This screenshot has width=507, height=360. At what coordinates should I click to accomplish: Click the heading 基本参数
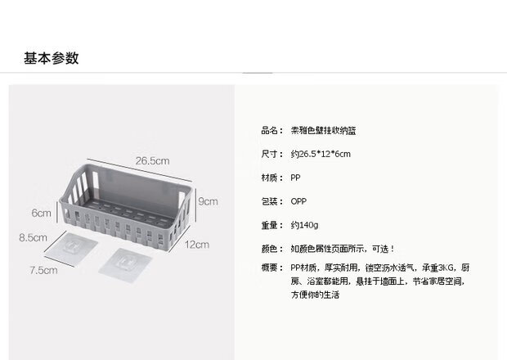[51, 58]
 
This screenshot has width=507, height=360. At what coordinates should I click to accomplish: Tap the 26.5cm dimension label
[153, 160]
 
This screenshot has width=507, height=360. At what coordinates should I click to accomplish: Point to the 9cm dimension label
[208, 201]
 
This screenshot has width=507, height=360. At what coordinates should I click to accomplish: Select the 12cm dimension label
[196, 244]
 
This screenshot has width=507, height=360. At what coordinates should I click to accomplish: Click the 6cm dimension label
[42, 213]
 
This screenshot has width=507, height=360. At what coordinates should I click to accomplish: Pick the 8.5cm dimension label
[33, 239]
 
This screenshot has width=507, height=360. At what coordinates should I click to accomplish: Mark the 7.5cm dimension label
[43, 270]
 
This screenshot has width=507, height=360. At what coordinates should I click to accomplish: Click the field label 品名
[271, 130]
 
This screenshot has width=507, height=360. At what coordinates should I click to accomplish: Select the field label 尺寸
[271, 154]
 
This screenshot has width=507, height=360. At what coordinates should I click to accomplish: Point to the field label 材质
[271, 178]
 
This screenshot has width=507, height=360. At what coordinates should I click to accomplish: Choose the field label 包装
[271, 201]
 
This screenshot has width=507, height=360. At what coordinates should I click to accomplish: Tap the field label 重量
[271, 225]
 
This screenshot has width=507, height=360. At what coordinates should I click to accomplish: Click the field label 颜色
[271, 249]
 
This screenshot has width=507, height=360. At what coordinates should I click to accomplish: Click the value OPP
[298, 201]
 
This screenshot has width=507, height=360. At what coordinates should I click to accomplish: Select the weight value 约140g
[304, 225]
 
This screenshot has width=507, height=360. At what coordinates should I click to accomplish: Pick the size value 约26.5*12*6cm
[320, 154]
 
